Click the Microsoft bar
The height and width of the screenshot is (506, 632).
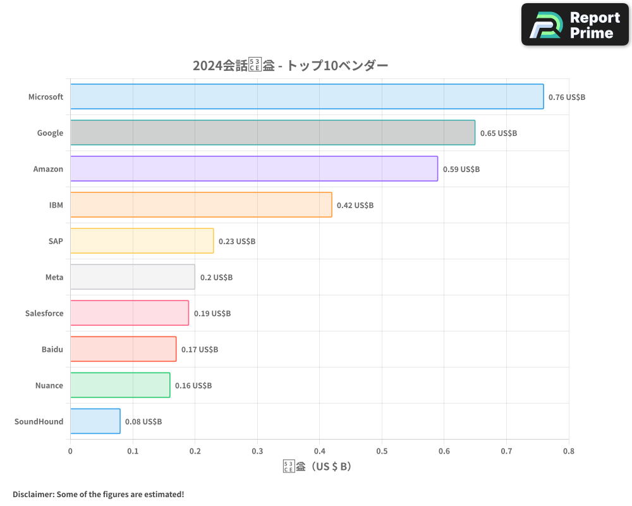[x=307, y=97]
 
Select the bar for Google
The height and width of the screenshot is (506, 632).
[x=272, y=133]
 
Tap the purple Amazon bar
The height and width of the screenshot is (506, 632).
[x=253, y=169]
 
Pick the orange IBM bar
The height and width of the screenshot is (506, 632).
[x=201, y=205]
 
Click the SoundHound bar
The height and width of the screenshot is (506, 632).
[x=95, y=421]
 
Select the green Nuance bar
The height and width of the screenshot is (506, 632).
[x=120, y=385]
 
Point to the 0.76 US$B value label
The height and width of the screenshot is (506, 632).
[x=567, y=97]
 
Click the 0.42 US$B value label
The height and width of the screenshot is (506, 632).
[x=355, y=206]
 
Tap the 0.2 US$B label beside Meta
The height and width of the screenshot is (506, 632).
[x=216, y=278]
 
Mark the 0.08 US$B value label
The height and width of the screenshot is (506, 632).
[x=143, y=422]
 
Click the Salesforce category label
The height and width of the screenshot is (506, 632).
[x=44, y=313]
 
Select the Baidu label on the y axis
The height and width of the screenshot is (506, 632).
[x=52, y=349]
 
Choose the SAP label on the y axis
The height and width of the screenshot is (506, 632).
[x=56, y=241]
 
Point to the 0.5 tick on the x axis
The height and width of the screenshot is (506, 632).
[x=382, y=452]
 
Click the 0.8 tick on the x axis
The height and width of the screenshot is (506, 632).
[x=568, y=452]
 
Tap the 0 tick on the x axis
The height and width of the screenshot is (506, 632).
[x=70, y=452]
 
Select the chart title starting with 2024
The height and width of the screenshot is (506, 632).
[x=290, y=66]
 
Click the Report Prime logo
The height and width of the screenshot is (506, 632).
[x=575, y=25]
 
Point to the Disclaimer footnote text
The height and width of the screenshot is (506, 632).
[x=99, y=494]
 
